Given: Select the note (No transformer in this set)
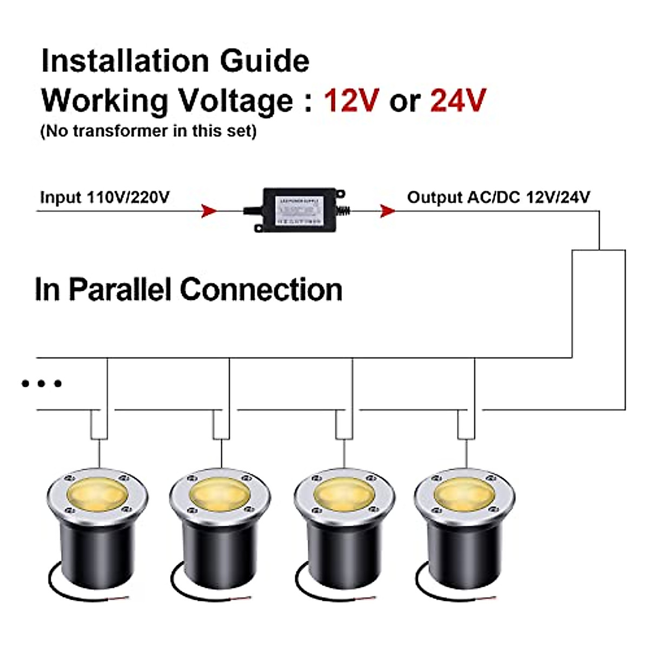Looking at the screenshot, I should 148,131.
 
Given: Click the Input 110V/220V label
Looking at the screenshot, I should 104,197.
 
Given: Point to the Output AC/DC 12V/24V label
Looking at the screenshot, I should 498,197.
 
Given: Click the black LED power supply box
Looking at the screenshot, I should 299,210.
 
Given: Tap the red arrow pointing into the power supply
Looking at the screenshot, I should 209,211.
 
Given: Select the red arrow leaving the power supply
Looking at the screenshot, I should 387,211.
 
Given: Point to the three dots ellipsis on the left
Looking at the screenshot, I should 42,383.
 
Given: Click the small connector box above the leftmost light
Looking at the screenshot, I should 99,425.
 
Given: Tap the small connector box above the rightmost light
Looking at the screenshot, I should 466,425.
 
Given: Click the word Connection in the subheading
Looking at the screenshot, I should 261,289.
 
